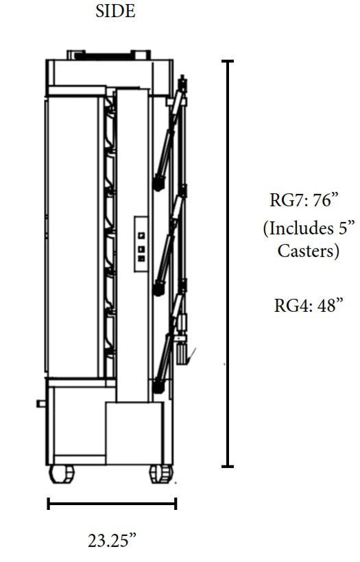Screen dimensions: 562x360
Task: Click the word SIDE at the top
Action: tap(115, 12)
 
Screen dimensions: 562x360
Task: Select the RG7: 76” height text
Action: tap(304, 201)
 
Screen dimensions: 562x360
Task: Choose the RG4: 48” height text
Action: tap(308, 305)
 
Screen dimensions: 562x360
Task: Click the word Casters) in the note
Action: tap(308, 251)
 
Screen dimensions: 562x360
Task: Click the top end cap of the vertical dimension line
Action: tap(228, 62)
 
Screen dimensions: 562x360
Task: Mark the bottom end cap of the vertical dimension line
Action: tap(228, 467)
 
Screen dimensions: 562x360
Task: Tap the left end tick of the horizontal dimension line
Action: tap(49, 504)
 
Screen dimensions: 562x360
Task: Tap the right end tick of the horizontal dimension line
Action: tap(176, 504)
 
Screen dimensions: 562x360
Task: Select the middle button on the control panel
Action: tap(141, 248)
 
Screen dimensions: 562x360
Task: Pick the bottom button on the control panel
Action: tap(141, 258)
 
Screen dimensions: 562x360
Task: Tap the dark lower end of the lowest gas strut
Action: tap(159, 387)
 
